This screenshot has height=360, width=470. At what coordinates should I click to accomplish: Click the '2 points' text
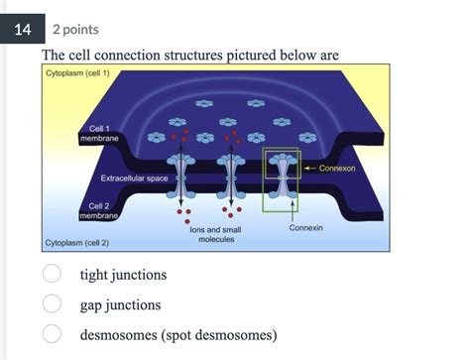tap(74, 30)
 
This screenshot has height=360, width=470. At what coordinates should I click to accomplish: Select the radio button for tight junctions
tap(52, 274)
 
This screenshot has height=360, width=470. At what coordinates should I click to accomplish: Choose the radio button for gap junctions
tap(52, 304)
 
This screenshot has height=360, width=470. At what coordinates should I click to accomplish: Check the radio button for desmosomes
tap(52, 334)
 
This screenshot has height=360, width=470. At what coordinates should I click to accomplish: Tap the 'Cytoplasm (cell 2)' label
tap(77, 242)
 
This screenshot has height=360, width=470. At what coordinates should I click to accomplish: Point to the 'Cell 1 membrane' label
tap(99, 134)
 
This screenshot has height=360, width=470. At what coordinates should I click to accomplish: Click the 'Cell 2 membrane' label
tap(99, 209)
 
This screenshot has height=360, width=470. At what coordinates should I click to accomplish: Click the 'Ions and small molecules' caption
tap(215, 234)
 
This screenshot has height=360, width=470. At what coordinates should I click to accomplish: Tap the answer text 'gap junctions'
tap(120, 304)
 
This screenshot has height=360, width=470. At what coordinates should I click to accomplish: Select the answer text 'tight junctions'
tap(123, 274)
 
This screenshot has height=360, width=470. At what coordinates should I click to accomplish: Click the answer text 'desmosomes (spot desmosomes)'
tap(178, 334)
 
